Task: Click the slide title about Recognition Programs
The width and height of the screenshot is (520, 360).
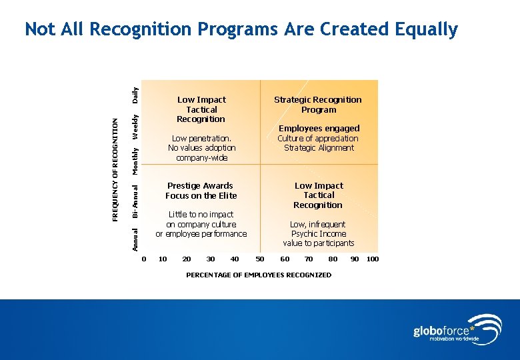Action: pyautogui.click(x=241, y=29)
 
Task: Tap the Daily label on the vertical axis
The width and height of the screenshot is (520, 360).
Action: pyautogui.click(x=135, y=95)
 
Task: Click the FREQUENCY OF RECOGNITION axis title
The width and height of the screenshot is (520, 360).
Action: pyautogui.click(x=115, y=171)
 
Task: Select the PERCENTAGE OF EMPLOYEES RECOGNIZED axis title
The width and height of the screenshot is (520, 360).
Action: pyautogui.click(x=259, y=275)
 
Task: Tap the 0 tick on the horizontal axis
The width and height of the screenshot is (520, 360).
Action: pyautogui.click(x=144, y=259)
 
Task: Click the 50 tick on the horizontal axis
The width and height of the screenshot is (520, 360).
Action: pyautogui.click(x=260, y=259)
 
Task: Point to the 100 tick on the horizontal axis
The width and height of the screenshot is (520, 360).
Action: pyautogui.click(x=373, y=259)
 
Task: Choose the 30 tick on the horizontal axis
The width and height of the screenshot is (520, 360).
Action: pyautogui.click(x=211, y=259)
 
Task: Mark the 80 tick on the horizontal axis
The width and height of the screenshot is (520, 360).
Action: pyautogui.click(x=333, y=259)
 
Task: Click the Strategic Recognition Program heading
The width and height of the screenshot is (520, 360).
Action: pyautogui.click(x=318, y=105)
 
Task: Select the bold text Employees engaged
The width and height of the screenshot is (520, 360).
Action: pyautogui.click(x=319, y=128)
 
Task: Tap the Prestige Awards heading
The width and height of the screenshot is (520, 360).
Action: pyautogui.click(x=200, y=186)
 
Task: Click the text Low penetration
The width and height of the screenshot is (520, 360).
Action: pyautogui.click(x=201, y=139)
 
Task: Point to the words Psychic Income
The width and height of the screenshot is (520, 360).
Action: pyautogui.click(x=319, y=234)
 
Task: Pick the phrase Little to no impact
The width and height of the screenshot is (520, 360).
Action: pyautogui.click(x=201, y=215)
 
